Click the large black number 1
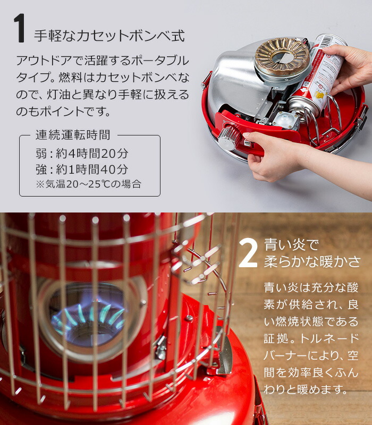[20, 28]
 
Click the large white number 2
[248, 253]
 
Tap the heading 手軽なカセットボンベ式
[109, 36]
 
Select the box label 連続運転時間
[73, 135]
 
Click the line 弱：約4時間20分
[82, 154]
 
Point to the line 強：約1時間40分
[82, 169]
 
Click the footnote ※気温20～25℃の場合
[88, 184]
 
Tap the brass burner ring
[282, 57]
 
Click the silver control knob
[228, 137]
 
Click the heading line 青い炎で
[291, 245]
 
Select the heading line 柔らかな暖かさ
[312, 262]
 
